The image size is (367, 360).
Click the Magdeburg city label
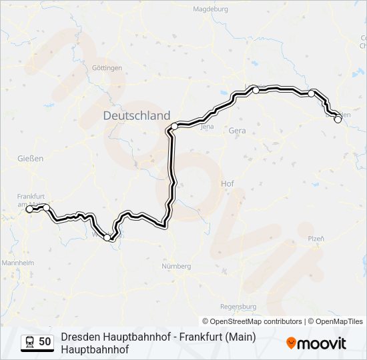[x=210, y=9]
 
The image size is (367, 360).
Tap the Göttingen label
[x=107, y=69]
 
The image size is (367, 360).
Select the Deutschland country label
[x=136, y=115]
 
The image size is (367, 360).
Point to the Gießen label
[x=31, y=159]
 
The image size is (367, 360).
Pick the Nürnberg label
[x=176, y=267]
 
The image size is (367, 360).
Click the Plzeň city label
[x=316, y=238]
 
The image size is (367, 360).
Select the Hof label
[x=227, y=183]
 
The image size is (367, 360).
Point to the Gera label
[x=237, y=131]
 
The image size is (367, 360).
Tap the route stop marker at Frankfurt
[x=29, y=209]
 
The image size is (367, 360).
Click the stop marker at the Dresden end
[x=338, y=119]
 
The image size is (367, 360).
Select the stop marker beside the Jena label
[x=175, y=126]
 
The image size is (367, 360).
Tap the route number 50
[x=45, y=341]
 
